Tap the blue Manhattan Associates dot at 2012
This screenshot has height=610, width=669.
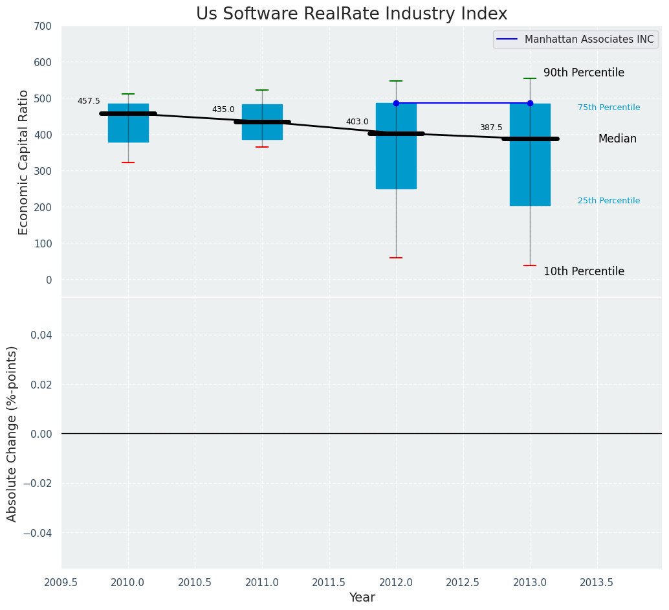396,103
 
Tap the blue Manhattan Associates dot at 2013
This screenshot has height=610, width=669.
530,103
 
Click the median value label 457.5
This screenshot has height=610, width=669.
89,101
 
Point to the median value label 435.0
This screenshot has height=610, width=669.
223,109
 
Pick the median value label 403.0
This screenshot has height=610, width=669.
357,122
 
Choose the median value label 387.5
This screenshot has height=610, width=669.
491,128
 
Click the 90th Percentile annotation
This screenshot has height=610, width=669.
584,73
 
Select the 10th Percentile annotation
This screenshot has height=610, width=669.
584,272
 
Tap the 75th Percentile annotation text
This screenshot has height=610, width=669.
609,107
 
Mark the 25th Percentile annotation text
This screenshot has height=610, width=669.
609,201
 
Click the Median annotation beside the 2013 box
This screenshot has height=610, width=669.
617,139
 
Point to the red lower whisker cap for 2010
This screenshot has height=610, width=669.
128,163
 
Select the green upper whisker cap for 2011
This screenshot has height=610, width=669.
262,90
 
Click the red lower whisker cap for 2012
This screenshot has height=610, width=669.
396,258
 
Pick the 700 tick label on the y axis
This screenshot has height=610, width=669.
43,27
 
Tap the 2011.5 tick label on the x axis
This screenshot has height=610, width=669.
329,583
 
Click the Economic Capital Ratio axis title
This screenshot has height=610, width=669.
24,162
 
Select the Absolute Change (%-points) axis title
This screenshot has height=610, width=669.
12,433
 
